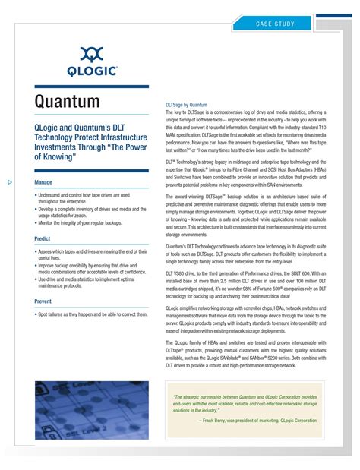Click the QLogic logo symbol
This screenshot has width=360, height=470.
click(92, 55)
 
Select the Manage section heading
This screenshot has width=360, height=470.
click(43, 183)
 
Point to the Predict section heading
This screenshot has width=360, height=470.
click(43, 238)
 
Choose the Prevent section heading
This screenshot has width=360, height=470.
click(43, 301)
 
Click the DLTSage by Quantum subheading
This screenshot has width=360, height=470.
click(186, 105)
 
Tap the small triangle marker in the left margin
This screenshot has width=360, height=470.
click(10, 182)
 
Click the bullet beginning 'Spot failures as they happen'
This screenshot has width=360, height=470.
click(93, 314)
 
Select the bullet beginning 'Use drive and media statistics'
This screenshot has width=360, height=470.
click(89, 282)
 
